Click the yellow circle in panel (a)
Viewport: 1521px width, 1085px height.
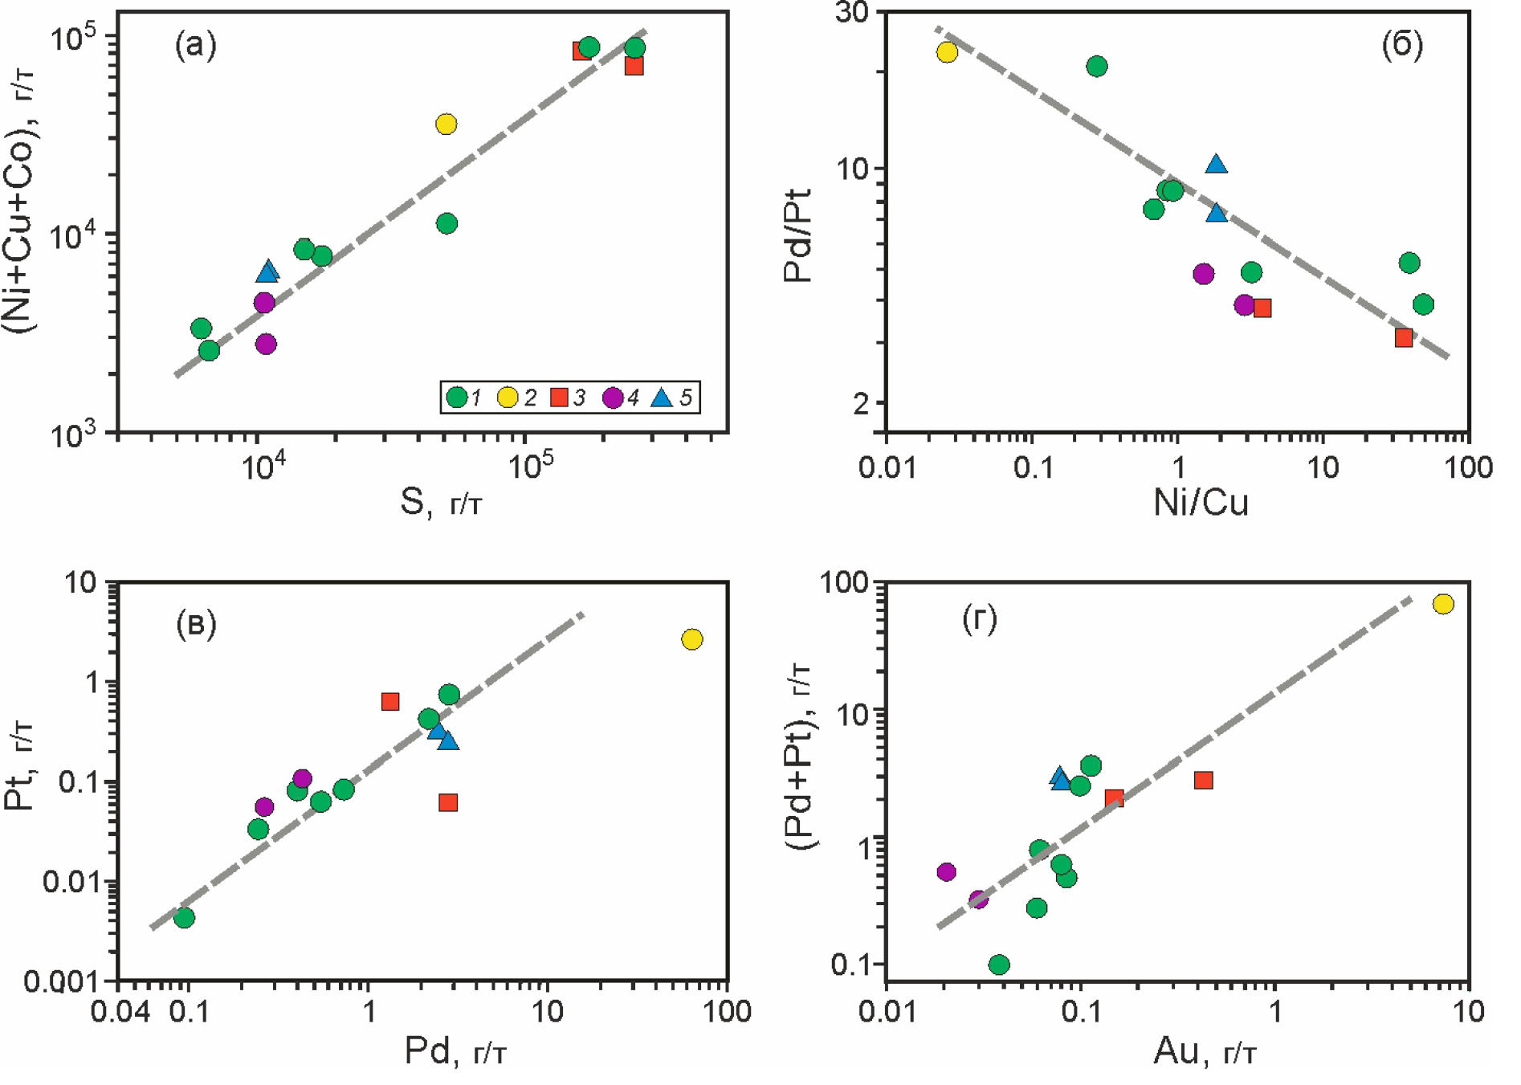pos(446,124)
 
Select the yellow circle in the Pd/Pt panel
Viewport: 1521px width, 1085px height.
pos(947,52)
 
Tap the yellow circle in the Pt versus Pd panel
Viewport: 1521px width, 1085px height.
pos(692,639)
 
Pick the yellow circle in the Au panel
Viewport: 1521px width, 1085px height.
pos(1443,604)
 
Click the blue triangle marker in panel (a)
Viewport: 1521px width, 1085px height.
pos(267,272)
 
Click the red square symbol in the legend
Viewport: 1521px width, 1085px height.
pos(559,398)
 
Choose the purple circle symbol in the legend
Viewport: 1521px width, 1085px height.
pos(613,398)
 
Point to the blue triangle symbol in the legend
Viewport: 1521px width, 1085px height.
pos(662,397)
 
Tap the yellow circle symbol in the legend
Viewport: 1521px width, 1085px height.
pos(508,398)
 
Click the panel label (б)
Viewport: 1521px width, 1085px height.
pos(1402,45)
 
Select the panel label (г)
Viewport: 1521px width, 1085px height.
pos(980,619)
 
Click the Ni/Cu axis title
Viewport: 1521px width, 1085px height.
pos(1201,503)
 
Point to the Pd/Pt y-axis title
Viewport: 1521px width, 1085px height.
pos(798,236)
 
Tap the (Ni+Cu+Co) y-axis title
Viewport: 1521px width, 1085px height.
pos(19,201)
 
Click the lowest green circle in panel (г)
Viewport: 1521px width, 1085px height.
pos(999,965)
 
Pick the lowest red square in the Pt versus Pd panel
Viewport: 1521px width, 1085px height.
pos(448,802)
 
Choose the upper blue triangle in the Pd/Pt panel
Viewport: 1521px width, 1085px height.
pos(1217,165)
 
